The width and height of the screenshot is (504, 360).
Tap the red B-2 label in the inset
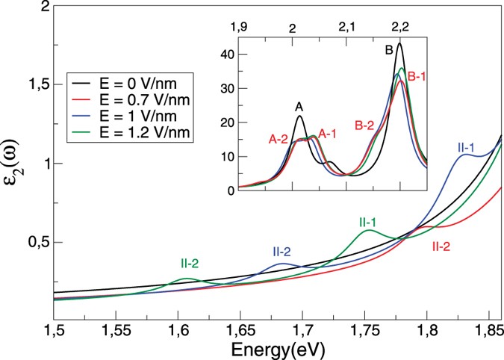click(366, 125)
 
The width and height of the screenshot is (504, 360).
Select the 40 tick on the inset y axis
click(228, 55)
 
